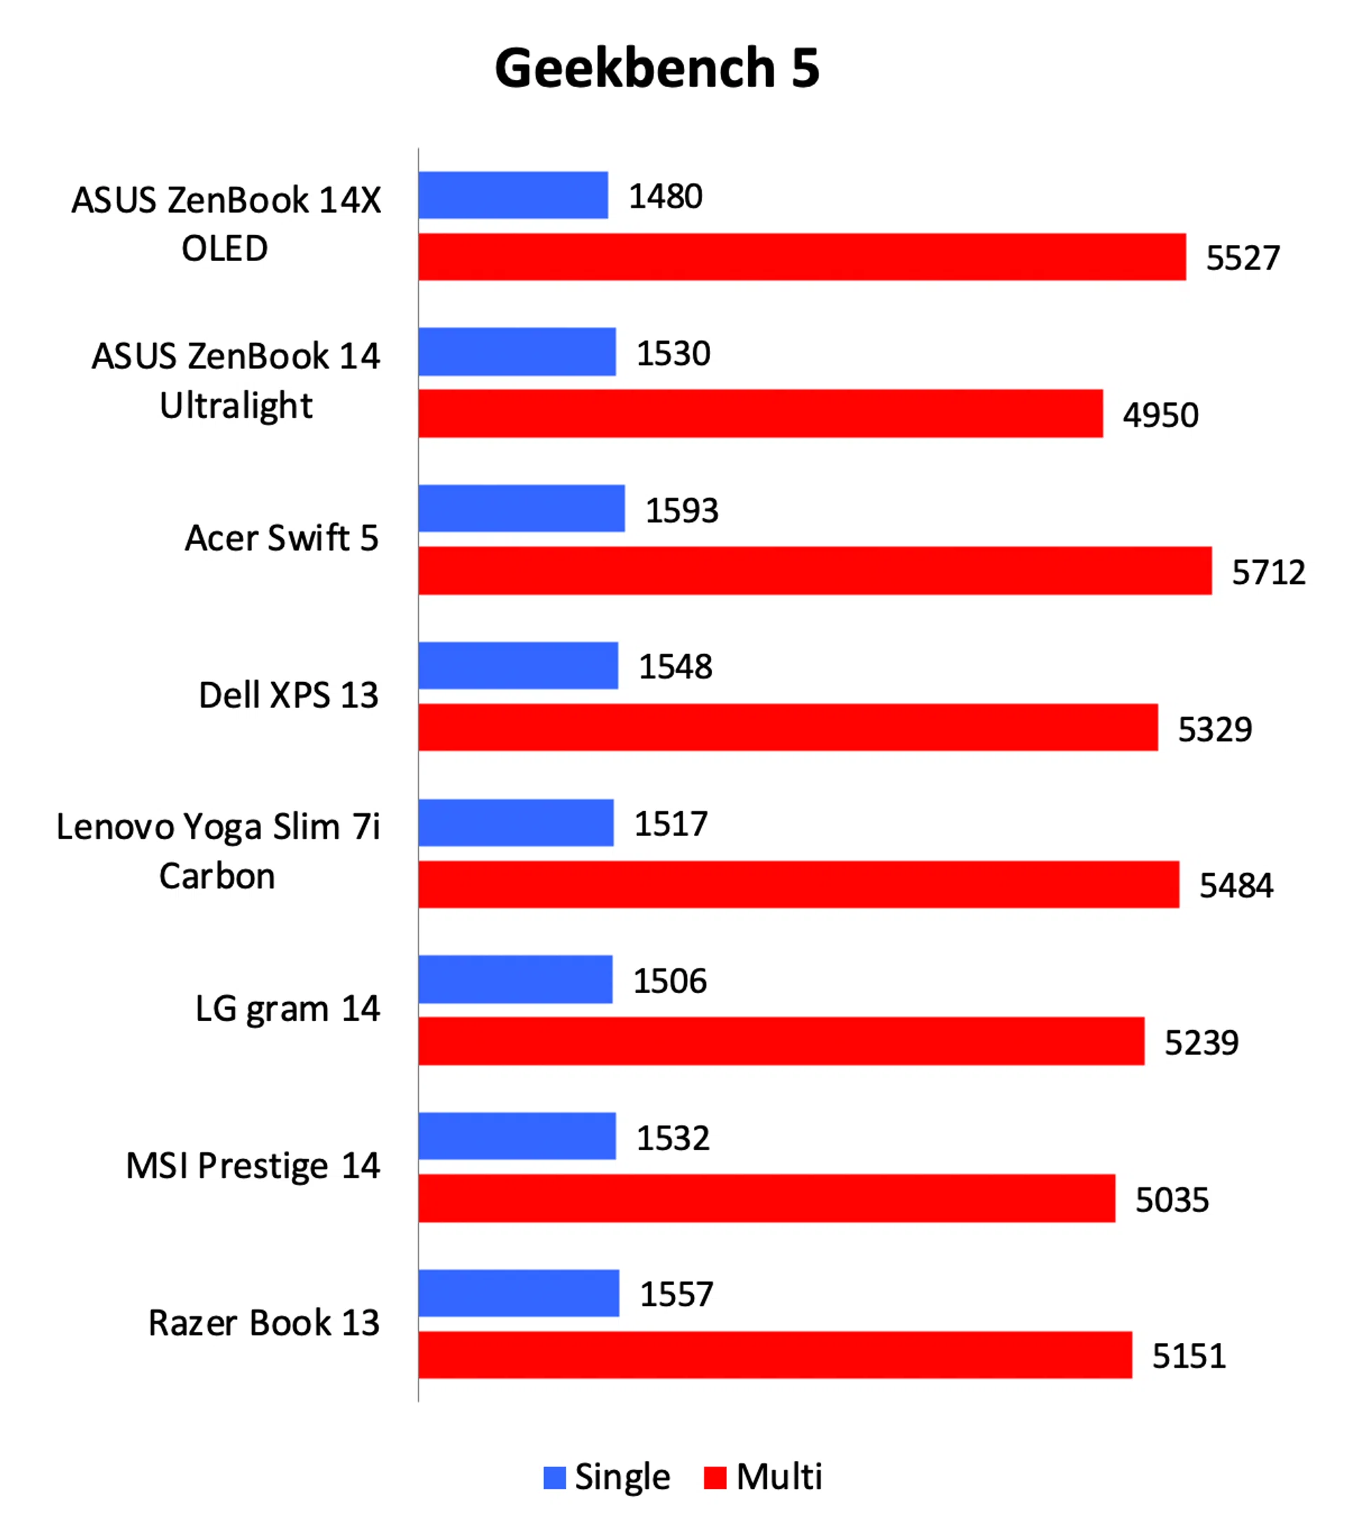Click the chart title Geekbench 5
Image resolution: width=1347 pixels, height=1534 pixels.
(x=657, y=68)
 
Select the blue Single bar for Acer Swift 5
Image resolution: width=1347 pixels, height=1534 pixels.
(x=521, y=508)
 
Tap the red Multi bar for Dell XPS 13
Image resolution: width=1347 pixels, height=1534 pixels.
(x=788, y=726)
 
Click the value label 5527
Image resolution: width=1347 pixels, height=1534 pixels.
(x=1242, y=258)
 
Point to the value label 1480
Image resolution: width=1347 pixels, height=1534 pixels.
(x=665, y=196)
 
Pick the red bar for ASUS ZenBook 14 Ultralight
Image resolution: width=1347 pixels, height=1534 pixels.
(x=760, y=413)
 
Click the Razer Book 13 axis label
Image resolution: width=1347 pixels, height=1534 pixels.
(x=263, y=1321)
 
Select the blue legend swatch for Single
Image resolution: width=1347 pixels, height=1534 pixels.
(x=554, y=1477)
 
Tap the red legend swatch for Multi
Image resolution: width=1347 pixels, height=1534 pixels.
(x=714, y=1477)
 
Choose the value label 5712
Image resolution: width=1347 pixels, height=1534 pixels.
(x=1268, y=572)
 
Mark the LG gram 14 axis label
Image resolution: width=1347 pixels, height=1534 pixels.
(x=288, y=1008)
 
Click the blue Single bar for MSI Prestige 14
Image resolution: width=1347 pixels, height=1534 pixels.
(x=517, y=1135)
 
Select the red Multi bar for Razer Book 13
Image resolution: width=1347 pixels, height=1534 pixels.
(x=775, y=1354)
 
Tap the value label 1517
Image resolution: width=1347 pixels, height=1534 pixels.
(x=670, y=823)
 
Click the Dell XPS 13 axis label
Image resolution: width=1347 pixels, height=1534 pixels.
(x=288, y=694)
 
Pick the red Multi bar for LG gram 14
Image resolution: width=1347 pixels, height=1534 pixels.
(x=781, y=1041)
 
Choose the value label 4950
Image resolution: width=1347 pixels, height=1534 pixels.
(x=1160, y=415)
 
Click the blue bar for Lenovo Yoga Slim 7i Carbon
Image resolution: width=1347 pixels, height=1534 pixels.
(x=516, y=822)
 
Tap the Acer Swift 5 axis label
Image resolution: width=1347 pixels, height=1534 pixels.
(x=281, y=538)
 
